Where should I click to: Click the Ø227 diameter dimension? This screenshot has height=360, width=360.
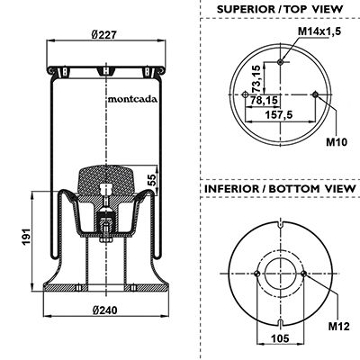coord(103,35)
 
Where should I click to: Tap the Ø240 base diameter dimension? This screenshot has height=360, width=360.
coord(104,310)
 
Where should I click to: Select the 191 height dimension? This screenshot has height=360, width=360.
coord(27,237)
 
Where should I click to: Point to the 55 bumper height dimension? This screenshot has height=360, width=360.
coord(152,180)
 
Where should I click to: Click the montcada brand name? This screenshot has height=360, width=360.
coord(132,99)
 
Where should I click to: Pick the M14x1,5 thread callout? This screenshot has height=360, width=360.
coord(319,31)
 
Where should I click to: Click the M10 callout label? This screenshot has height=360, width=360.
coord(337,142)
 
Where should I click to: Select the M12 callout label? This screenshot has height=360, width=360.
coord(339,326)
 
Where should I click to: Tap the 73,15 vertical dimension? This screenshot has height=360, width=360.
coord(256,78)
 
